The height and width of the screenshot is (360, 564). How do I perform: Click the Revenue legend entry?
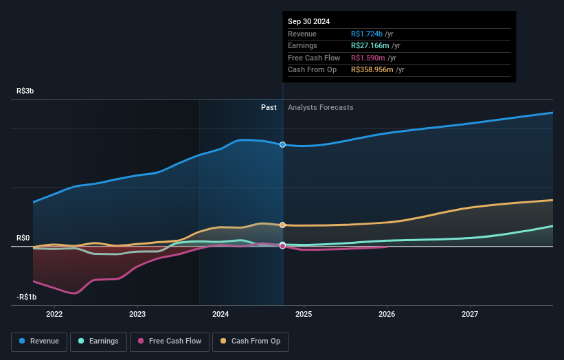pyautogui.click(x=39, y=341)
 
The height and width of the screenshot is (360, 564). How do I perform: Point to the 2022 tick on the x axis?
pyautogui.click(x=54, y=314)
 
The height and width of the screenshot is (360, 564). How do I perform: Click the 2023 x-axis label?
pyautogui.click(x=137, y=314)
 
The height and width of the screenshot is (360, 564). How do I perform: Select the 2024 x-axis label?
pyautogui.click(x=221, y=314)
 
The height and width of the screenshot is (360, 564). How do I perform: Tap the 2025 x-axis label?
pyautogui.click(x=304, y=314)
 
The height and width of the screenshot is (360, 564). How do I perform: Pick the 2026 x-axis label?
pyautogui.click(x=387, y=314)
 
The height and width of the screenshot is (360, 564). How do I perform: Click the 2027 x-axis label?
pyautogui.click(x=470, y=314)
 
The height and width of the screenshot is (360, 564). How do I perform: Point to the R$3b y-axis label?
pyautogui.click(x=26, y=91)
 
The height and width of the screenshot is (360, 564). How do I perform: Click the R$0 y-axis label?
pyautogui.click(x=23, y=238)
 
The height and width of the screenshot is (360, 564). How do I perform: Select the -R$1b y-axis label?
pyautogui.click(x=27, y=297)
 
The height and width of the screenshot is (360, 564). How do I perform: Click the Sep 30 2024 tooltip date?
pyautogui.click(x=308, y=21)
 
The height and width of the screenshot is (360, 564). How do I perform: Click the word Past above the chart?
pyautogui.click(x=269, y=107)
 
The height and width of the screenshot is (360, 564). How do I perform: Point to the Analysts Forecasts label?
pyautogui.click(x=321, y=107)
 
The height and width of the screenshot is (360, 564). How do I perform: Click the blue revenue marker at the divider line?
pyautogui.click(x=282, y=144)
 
